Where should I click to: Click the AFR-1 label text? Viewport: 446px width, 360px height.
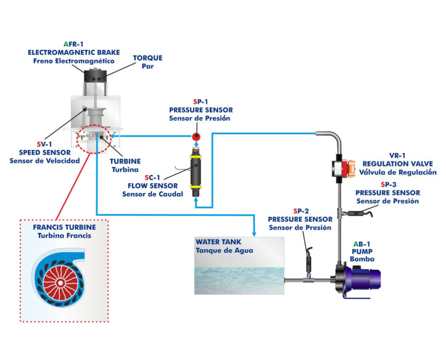point(74,44)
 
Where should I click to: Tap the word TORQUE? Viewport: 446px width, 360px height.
point(148,58)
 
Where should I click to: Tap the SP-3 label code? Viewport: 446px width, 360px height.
point(387,184)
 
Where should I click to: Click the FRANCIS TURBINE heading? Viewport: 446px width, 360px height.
point(68,227)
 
